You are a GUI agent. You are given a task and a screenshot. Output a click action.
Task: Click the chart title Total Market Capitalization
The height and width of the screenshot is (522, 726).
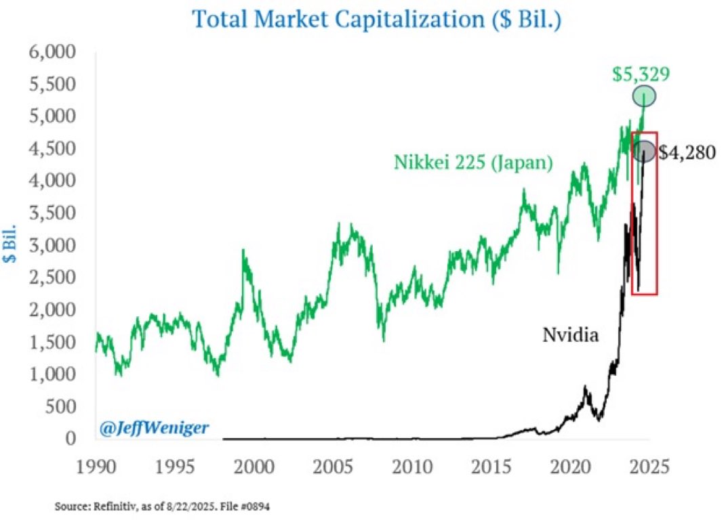click(x=377, y=18)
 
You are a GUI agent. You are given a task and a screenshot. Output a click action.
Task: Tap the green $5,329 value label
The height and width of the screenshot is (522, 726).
click(x=641, y=74)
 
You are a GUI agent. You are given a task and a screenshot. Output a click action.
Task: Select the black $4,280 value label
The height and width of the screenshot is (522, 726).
click(x=686, y=153)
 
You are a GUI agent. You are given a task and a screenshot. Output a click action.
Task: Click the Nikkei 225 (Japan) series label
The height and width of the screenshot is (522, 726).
click(x=473, y=162)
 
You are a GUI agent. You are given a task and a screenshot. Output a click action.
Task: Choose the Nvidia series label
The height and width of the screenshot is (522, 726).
click(x=571, y=334)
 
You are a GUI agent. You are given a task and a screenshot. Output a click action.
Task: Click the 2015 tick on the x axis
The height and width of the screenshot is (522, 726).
click(x=493, y=466)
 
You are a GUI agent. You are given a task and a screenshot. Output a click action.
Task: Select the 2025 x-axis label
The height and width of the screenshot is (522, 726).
click(x=652, y=466)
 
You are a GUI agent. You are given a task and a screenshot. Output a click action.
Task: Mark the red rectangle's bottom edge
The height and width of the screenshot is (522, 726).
click(x=644, y=294)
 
